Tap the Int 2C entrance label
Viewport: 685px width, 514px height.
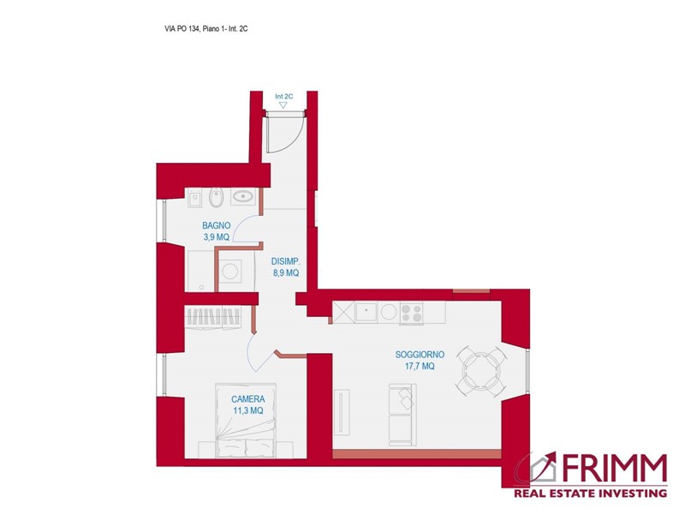284,97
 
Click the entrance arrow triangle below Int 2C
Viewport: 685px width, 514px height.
283,105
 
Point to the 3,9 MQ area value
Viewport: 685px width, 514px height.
216,236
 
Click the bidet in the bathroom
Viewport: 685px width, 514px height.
217,198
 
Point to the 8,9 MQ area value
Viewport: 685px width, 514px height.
285,272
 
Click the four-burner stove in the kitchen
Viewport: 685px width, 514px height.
411,313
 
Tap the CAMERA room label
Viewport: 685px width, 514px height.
247,399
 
